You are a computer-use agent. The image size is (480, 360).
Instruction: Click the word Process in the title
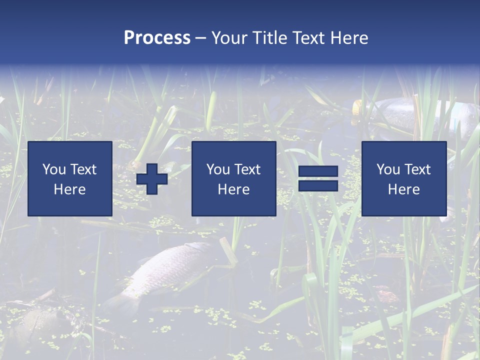pyautogui.click(x=157, y=37)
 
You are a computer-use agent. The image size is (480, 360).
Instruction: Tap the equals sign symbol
pyautogui.click(x=318, y=179)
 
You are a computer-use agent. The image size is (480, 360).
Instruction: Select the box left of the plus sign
pyautogui.click(x=69, y=178)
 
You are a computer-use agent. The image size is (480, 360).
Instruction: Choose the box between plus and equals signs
pyautogui.click(x=233, y=178)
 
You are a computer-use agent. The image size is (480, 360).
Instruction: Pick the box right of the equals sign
pyautogui.click(x=403, y=178)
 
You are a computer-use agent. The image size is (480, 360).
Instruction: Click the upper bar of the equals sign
pyautogui.click(x=318, y=172)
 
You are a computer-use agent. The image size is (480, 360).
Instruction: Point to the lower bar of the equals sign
pyautogui.click(x=318, y=186)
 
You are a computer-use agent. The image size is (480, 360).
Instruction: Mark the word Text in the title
pyautogui.click(x=306, y=37)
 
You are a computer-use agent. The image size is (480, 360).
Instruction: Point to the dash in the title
pyautogui.click(x=201, y=38)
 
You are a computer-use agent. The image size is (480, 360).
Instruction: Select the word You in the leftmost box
pyautogui.click(x=53, y=169)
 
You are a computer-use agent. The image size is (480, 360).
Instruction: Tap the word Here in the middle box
pyautogui.click(x=233, y=189)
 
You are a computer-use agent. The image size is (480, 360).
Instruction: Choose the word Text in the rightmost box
pyautogui.click(x=417, y=169)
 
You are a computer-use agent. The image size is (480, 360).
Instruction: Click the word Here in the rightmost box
pyautogui.click(x=403, y=189)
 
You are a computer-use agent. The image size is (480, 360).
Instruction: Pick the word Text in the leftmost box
pyautogui.click(x=83, y=169)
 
